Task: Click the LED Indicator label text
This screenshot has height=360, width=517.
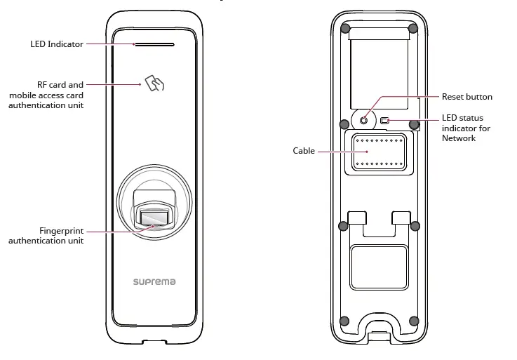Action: (57, 44)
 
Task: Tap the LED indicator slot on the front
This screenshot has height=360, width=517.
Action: (154, 44)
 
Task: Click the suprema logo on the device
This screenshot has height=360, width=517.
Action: (154, 281)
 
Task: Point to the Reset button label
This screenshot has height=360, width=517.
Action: (466, 97)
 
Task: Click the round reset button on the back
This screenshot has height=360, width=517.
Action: (363, 121)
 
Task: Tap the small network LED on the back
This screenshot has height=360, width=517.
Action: (384, 121)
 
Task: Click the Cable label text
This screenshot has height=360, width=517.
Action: (304, 151)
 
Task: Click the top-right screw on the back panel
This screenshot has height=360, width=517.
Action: (413, 29)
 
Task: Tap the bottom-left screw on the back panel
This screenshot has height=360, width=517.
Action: (344, 321)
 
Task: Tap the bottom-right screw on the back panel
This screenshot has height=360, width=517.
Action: (413, 321)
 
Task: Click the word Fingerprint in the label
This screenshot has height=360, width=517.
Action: (61, 230)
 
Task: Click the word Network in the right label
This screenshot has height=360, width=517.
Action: (459, 138)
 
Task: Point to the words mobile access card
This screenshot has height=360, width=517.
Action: (46, 95)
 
